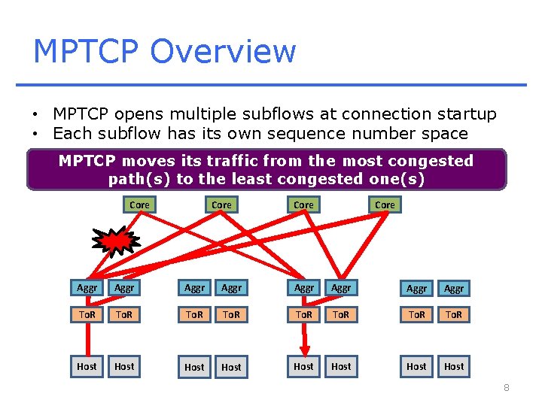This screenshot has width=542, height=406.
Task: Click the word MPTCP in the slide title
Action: click(x=86, y=51)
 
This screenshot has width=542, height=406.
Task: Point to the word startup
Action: click(x=464, y=114)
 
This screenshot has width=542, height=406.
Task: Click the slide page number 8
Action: click(x=507, y=388)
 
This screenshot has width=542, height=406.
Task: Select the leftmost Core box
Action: click(x=139, y=205)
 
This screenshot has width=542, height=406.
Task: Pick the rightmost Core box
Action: click(x=385, y=205)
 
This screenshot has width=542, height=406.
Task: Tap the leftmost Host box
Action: click(x=87, y=366)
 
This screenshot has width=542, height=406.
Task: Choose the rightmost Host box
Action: click(x=454, y=366)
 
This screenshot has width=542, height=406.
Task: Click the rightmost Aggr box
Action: click(x=454, y=288)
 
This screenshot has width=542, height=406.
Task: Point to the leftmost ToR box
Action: click(x=87, y=315)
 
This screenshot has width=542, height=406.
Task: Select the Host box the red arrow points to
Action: click(x=303, y=366)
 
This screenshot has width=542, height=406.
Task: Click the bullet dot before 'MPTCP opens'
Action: click(x=35, y=115)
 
